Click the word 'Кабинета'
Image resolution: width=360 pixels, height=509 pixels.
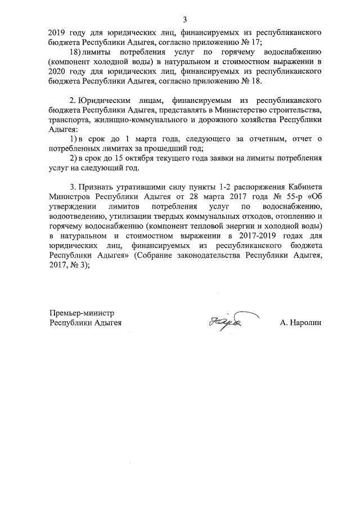pos(301,187)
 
